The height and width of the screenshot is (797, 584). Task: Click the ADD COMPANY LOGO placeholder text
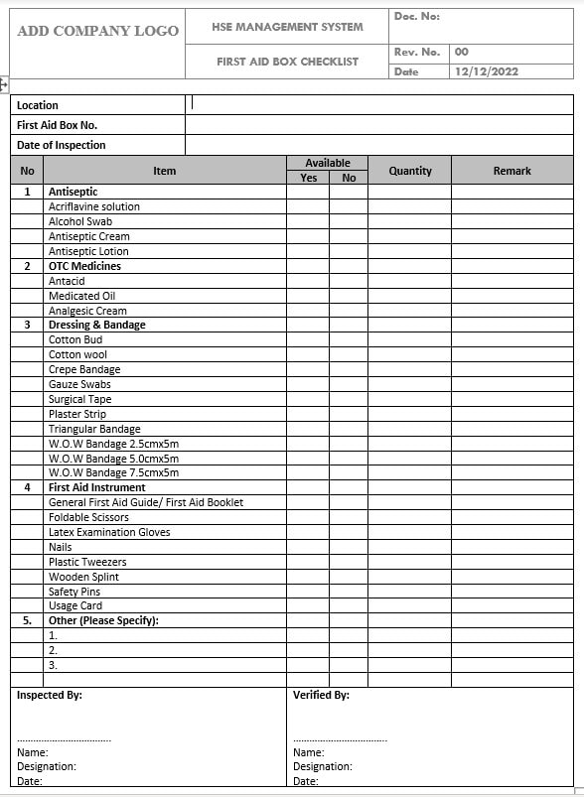[x=98, y=31]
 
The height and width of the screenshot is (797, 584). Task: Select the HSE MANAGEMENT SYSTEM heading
[x=287, y=27]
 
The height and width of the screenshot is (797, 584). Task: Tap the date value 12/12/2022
[x=486, y=71]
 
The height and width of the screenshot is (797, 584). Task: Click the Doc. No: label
[x=416, y=16]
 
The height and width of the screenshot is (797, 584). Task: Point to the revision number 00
[x=462, y=52]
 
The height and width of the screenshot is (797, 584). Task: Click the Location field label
[x=38, y=105]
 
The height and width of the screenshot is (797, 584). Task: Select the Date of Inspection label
[x=62, y=145]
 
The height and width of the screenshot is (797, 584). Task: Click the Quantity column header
[x=410, y=171]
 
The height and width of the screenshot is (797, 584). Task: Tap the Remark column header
[x=511, y=171]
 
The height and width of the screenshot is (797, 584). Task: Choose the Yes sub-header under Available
[x=308, y=178]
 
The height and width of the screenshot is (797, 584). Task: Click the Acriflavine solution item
[x=94, y=206]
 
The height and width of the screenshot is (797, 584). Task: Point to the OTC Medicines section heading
[x=84, y=266]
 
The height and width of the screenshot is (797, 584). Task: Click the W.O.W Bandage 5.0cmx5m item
[x=113, y=459]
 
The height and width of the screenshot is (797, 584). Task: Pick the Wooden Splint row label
[x=83, y=577]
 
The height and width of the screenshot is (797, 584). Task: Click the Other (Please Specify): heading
[x=103, y=620]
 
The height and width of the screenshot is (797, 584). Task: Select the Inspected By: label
[x=50, y=695]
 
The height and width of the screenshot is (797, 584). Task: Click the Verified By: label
[x=321, y=695]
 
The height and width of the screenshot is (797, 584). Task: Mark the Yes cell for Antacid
[x=308, y=281]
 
